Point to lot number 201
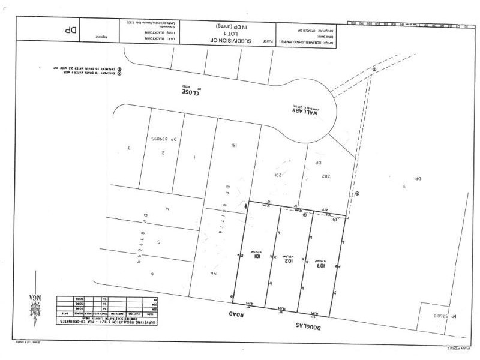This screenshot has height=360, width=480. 278,175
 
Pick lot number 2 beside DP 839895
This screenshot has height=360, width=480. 163,152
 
